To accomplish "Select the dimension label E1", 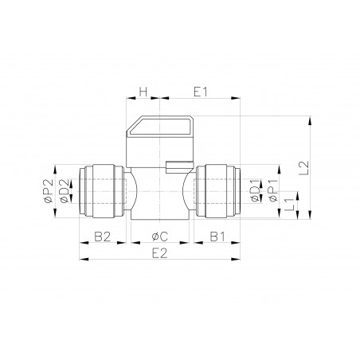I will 200,91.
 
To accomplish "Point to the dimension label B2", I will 102,237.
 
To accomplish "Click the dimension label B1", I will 217,237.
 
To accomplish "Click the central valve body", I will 159,194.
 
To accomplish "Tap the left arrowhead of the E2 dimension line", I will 81,259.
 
